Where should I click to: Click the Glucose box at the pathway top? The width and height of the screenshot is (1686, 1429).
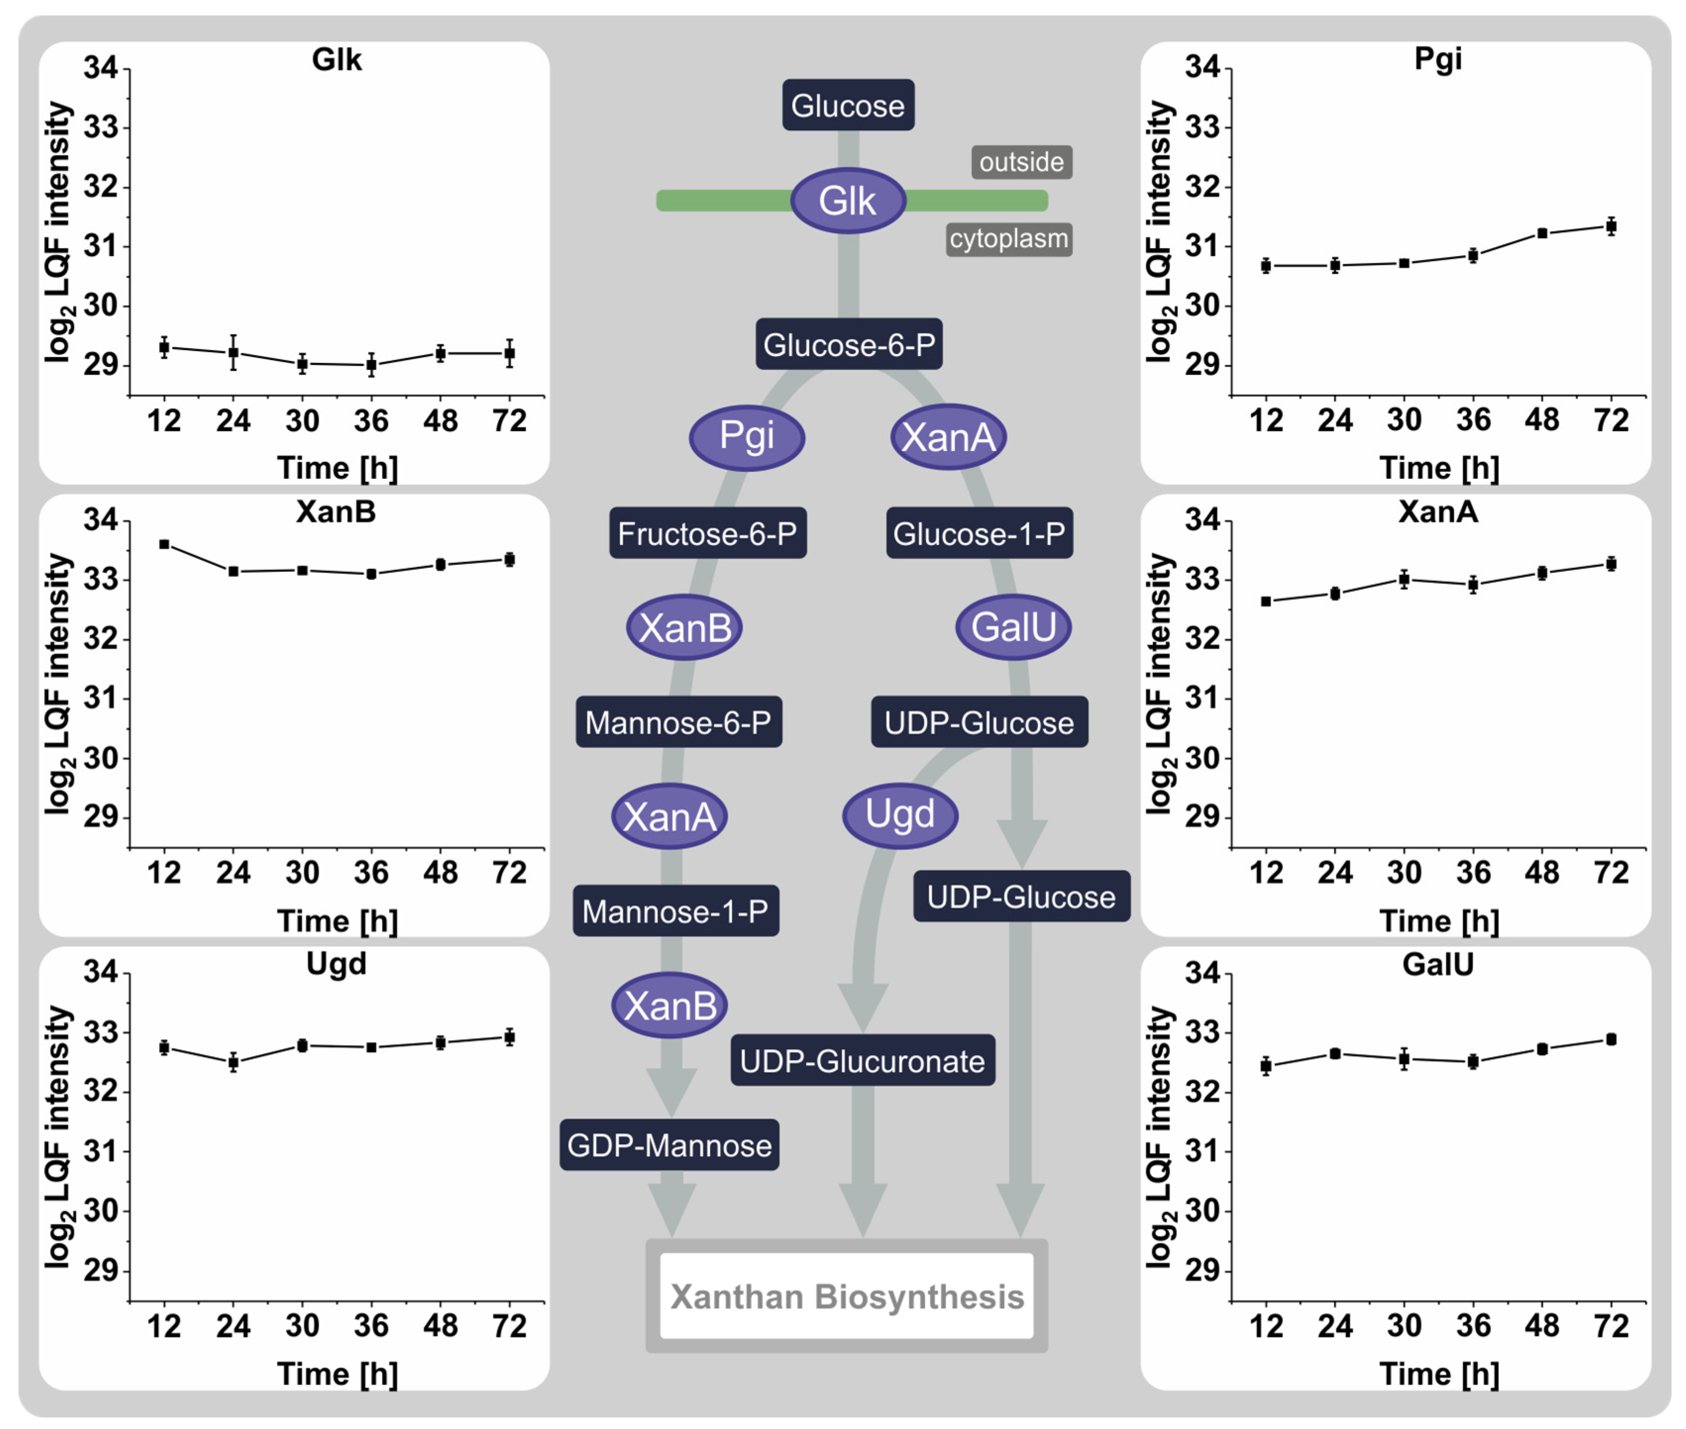click(x=847, y=105)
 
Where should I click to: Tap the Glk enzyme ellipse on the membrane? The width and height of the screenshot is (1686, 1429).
click(x=847, y=200)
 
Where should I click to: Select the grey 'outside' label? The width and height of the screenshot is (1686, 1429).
click(x=1021, y=162)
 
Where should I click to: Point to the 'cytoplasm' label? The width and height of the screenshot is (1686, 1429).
click(x=1009, y=239)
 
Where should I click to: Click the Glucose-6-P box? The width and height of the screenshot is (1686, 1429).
click(x=848, y=344)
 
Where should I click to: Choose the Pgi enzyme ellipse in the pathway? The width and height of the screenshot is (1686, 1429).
click(x=746, y=437)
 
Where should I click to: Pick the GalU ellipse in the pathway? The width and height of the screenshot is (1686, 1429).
click(x=1013, y=627)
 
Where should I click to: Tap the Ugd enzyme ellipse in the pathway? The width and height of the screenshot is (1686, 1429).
click(x=899, y=815)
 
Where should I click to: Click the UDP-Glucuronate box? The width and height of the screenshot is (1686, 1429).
click(x=862, y=1061)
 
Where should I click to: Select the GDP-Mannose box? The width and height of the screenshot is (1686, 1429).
click(x=669, y=1145)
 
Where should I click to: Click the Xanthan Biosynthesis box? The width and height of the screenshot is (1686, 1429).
click(x=846, y=1296)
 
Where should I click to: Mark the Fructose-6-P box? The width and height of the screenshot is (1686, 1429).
click(x=707, y=533)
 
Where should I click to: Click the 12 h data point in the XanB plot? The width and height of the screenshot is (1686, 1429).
click(x=164, y=544)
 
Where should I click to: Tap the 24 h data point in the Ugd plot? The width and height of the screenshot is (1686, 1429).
click(x=233, y=1062)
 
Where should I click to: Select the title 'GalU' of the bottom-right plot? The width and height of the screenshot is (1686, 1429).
click(x=1437, y=964)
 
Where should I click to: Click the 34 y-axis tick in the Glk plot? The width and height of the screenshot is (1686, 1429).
click(x=101, y=68)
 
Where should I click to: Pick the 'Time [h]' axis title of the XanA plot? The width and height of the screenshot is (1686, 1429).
click(x=1439, y=921)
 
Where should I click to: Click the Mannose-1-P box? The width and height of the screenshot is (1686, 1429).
click(x=675, y=912)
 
